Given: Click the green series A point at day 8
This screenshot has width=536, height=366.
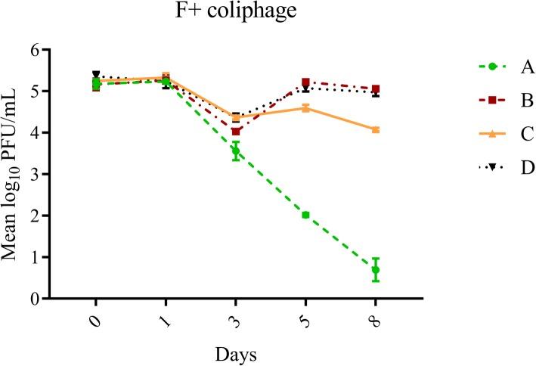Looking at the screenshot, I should click(x=376, y=270).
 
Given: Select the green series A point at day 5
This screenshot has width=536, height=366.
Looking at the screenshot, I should click(x=305, y=215).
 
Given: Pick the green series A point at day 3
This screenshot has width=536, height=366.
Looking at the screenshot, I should click(x=236, y=151).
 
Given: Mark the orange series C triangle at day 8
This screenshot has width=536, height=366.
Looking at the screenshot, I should click(x=376, y=129).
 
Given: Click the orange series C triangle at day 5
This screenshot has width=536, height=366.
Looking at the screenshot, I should click(x=305, y=107).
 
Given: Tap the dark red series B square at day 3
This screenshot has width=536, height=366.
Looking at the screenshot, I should click(x=236, y=131).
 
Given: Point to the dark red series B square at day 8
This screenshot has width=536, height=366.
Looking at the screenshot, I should click(x=376, y=88).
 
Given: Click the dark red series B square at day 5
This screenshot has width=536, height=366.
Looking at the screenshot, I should click(x=305, y=82).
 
